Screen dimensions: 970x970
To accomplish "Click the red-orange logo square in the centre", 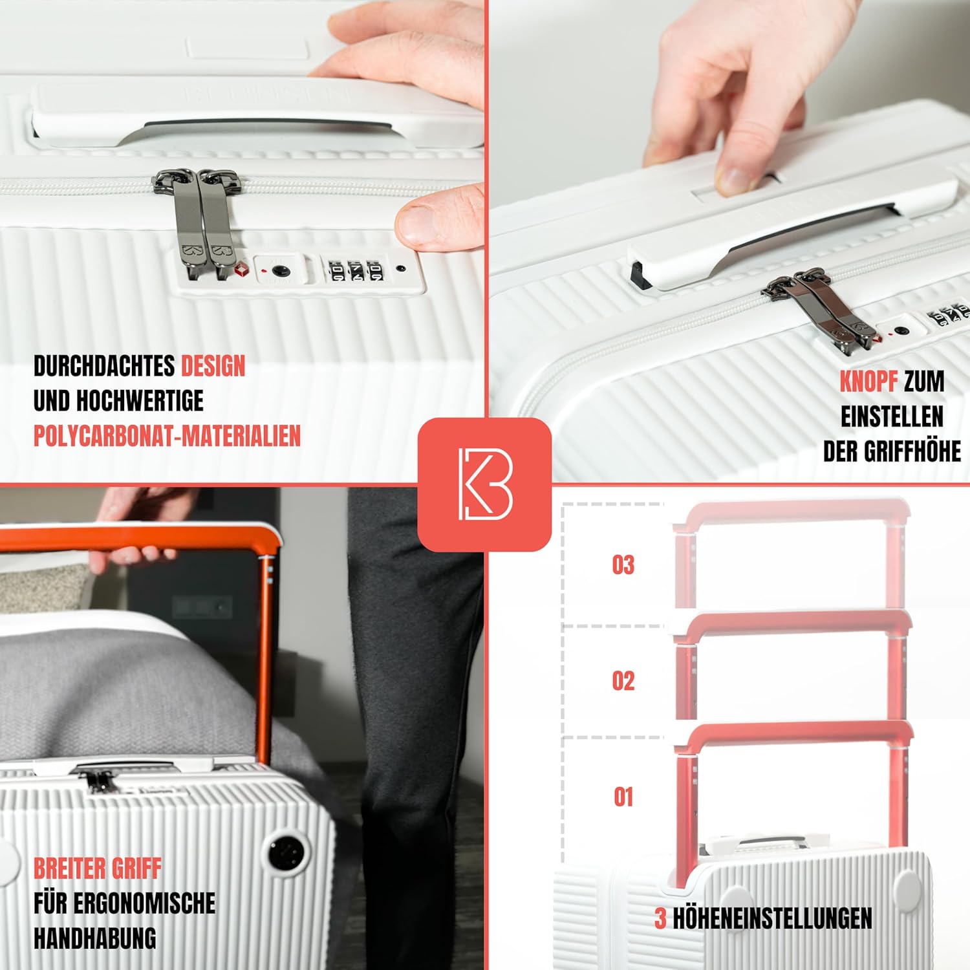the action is pyautogui.click(x=484, y=484).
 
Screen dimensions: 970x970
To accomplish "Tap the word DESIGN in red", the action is pyautogui.click(x=213, y=366).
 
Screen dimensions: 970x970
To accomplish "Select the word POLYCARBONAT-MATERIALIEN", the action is pyautogui.click(x=167, y=436).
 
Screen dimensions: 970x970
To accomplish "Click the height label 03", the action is pyautogui.click(x=623, y=565).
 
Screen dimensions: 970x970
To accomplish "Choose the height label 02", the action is pyautogui.click(x=623, y=681).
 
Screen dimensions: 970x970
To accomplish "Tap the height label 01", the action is pyautogui.click(x=623, y=797).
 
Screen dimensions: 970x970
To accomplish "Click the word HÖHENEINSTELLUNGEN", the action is pyautogui.click(x=773, y=918).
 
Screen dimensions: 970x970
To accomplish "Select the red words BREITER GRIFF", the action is pyautogui.click(x=97, y=868).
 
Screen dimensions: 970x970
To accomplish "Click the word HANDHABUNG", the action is pyautogui.click(x=95, y=938).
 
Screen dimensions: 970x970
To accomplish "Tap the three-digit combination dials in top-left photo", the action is pyautogui.click(x=356, y=271).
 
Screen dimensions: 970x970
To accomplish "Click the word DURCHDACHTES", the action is pyautogui.click(x=103, y=366).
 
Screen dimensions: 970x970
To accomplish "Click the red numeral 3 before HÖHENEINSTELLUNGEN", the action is pyautogui.click(x=660, y=918).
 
